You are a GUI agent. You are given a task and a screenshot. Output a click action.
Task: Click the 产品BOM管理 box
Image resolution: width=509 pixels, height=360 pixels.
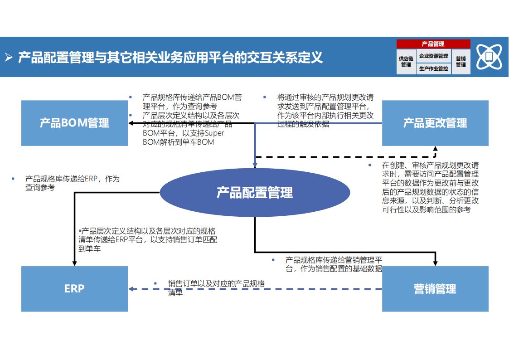click(x=74, y=123)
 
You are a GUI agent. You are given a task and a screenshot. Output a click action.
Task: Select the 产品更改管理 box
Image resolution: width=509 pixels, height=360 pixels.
click(x=435, y=123)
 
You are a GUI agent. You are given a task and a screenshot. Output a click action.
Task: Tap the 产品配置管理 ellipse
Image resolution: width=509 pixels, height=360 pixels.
click(x=254, y=193)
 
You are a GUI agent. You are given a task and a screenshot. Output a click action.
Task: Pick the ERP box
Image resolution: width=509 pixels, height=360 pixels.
click(x=74, y=289)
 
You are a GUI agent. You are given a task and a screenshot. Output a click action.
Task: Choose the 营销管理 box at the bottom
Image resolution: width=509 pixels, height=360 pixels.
click(x=435, y=289)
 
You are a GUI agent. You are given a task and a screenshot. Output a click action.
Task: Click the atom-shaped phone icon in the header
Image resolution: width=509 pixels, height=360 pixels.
click(x=489, y=57)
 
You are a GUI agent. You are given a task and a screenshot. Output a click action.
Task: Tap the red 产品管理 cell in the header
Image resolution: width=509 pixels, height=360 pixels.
click(x=433, y=44)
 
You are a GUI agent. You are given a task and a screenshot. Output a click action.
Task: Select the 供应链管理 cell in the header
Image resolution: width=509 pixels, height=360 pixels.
click(x=406, y=62)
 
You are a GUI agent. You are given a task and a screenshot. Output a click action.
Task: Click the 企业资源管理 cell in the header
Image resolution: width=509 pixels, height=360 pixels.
click(x=434, y=56)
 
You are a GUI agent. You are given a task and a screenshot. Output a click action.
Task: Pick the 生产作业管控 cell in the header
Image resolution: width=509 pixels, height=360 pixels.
click(x=434, y=68)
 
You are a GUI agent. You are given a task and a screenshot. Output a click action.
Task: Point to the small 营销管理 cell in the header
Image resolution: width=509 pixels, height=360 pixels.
click(x=461, y=62)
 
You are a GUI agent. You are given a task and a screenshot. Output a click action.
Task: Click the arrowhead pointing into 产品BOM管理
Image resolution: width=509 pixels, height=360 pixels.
click(x=131, y=123)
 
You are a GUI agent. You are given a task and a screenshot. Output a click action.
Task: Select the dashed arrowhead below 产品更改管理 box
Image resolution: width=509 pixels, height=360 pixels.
click(x=435, y=149)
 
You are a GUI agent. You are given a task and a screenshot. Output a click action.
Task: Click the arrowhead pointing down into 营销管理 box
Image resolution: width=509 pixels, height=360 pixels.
click(x=435, y=263)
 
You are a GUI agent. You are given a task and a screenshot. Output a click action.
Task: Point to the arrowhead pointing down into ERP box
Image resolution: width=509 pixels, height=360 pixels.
click(x=74, y=263)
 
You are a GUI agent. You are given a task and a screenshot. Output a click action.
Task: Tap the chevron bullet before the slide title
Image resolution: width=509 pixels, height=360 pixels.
click(x=9, y=58)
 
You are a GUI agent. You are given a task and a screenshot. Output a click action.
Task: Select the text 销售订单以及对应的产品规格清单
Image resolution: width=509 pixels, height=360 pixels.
click(x=216, y=287)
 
